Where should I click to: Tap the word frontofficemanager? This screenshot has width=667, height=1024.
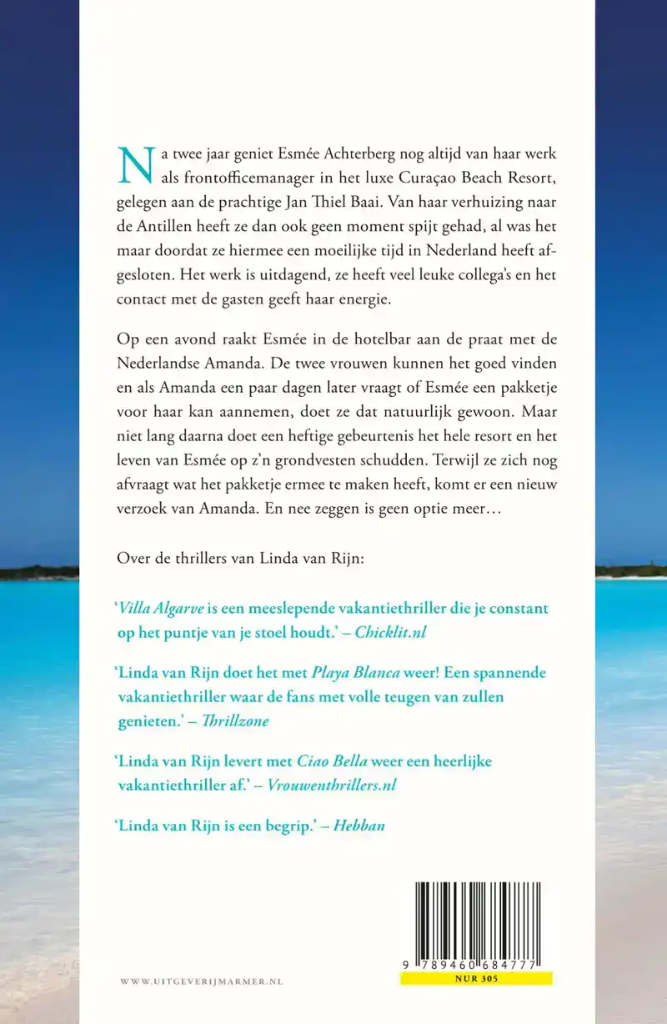[x=228, y=178]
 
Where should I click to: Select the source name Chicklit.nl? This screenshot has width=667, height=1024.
[x=390, y=633]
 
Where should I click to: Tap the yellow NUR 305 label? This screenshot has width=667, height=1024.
[x=476, y=980]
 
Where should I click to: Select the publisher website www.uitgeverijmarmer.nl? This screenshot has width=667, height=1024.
[x=202, y=982]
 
